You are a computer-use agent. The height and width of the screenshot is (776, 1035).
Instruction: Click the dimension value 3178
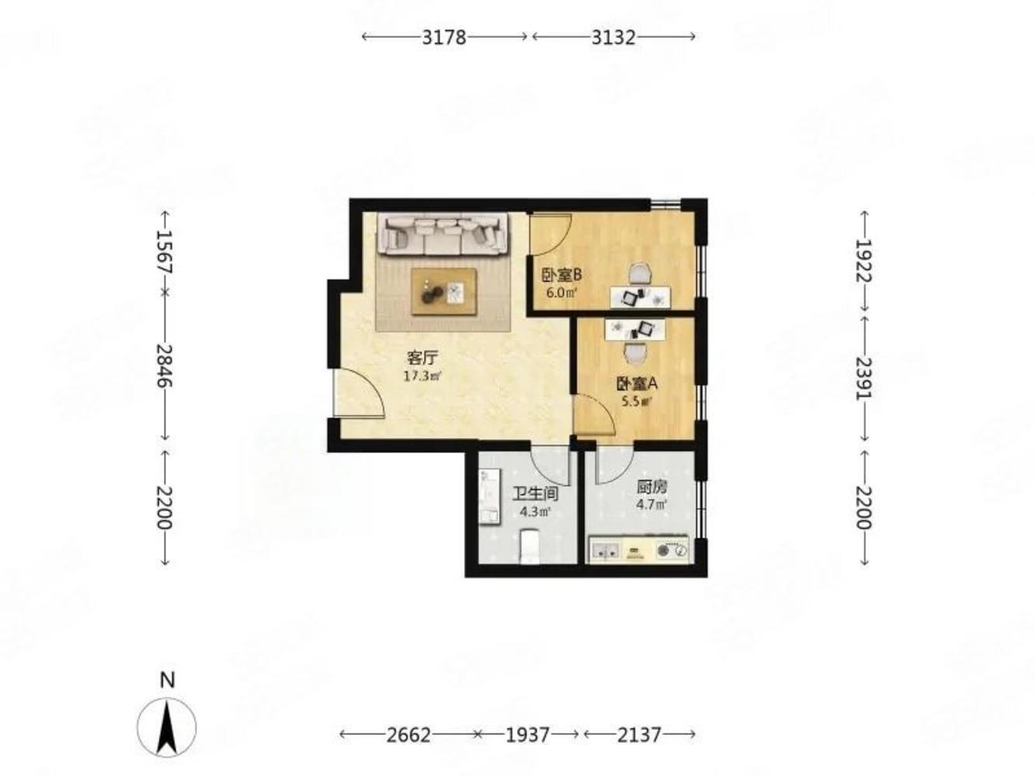click(443, 37)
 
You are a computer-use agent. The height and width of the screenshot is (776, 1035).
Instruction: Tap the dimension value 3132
click(613, 37)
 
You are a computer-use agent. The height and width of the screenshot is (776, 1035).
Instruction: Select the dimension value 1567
click(165, 252)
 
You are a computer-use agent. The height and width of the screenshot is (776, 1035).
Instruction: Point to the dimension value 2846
click(165, 365)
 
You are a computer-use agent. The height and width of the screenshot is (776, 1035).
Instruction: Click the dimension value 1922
click(864, 261)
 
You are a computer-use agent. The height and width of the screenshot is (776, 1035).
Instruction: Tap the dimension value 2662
click(408, 735)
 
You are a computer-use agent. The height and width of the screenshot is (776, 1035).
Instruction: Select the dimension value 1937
click(528, 735)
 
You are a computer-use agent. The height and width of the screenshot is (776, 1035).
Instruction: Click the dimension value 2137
click(639, 735)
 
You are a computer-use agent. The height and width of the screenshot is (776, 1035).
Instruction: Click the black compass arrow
click(166, 727)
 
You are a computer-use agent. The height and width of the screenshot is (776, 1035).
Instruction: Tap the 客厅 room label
click(422, 359)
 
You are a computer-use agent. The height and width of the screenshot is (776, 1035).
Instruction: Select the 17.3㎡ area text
click(422, 376)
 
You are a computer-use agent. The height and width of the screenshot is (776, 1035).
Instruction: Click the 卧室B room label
click(561, 275)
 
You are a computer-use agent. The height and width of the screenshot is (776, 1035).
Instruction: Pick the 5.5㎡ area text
click(637, 402)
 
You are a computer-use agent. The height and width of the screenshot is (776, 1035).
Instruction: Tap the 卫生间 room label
click(536, 494)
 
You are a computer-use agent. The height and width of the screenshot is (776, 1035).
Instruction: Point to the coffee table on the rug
click(443, 291)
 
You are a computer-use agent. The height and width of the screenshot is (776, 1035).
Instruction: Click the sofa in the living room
click(443, 234)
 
